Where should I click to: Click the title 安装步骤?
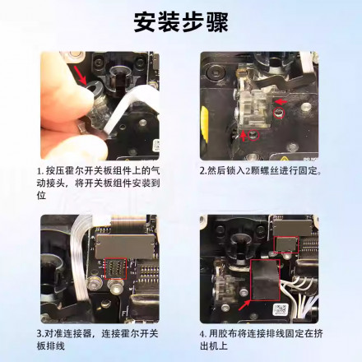coord(181,22)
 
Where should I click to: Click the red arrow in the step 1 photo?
coord(81,75)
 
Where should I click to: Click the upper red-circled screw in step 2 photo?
coord(279,113)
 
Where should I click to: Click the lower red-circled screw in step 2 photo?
coord(253,135)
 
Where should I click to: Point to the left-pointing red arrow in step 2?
coord(281,102)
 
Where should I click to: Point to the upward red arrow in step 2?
coord(244,136)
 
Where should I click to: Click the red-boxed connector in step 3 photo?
coord(115,268)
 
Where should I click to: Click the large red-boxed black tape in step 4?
coord(265,280)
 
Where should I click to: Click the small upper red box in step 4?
coord(286,244)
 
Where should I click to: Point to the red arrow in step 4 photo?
coord(244,305)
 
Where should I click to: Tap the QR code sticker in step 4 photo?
coord(281,309)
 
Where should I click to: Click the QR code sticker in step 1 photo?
coord(156,145)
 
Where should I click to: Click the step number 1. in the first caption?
coord(40,171)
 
